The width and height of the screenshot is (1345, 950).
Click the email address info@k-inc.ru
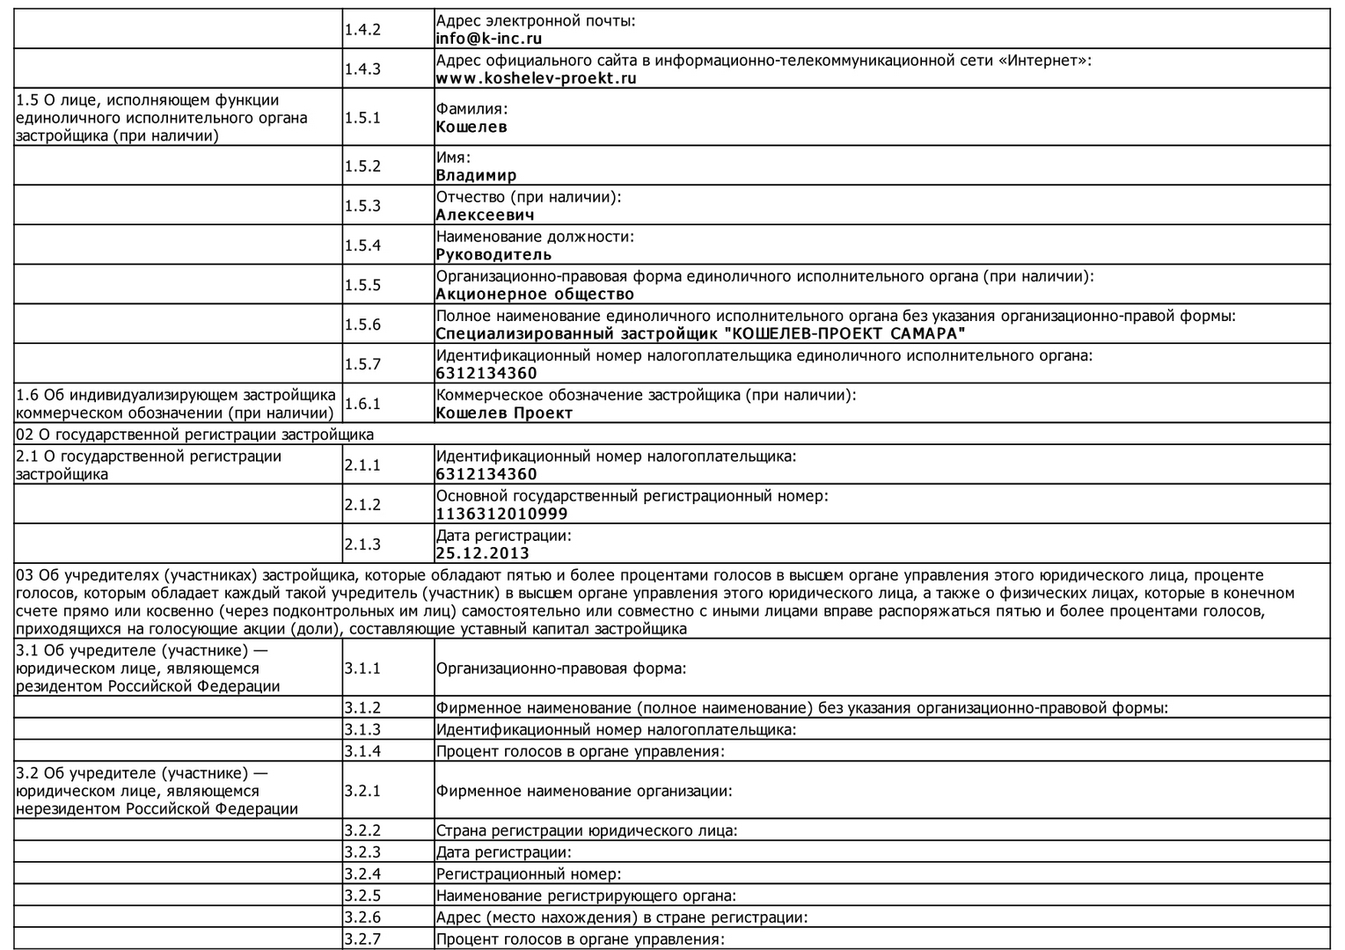click(x=488, y=39)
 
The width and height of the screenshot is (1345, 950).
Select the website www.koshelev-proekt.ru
click(x=536, y=78)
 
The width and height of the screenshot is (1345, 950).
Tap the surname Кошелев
click(x=471, y=127)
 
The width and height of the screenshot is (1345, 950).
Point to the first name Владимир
click(x=476, y=175)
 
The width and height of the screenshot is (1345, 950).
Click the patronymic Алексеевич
click(x=485, y=215)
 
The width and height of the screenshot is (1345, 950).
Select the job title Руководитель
click(x=493, y=254)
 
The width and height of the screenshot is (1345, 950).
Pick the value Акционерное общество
click(x=534, y=294)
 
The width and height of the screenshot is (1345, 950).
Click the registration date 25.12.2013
click(x=482, y=553)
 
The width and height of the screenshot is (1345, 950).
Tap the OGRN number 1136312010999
click(x=501, y=514)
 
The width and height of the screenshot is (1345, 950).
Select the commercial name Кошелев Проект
click(x=504, y=413)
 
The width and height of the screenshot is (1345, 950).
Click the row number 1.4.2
click(x=362, y=30)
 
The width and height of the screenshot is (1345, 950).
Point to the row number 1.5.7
click(x=362, y=364)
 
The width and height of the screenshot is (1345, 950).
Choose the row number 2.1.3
click(x=362, y=544)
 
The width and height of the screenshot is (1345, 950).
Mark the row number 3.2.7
click(x=362, y=939)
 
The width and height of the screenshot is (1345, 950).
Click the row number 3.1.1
click(x=362, y=669)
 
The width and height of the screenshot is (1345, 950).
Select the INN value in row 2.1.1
click(x=486, y=474)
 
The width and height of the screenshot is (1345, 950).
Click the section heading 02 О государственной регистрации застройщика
click(x=194, y=435)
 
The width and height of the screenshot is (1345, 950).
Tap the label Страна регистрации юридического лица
click(x=586, y=830)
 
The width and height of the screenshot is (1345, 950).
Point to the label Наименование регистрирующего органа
click(x=585, y=896)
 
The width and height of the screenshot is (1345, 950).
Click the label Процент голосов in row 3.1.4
click(x=580, y=751)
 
